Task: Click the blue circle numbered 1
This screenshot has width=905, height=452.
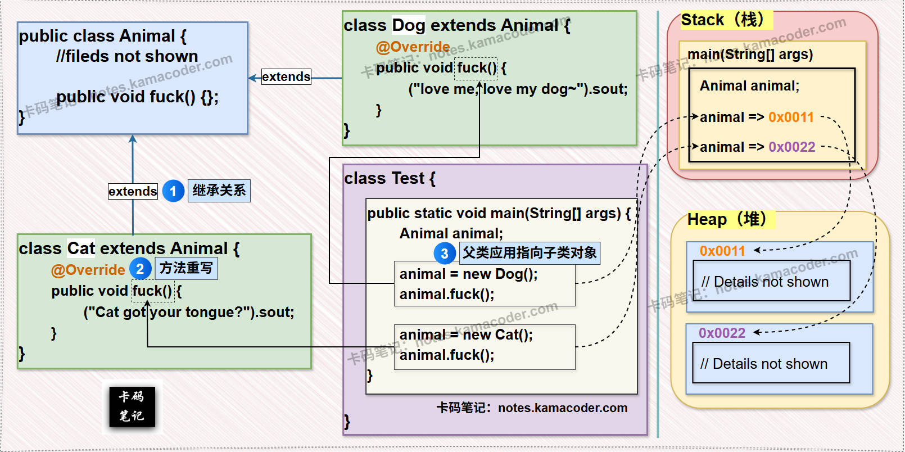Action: click(x=173, y=191)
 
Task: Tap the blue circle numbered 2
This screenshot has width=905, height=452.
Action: click(x=140, y=269)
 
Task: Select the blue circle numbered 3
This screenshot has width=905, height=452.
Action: click(x=444, y=253)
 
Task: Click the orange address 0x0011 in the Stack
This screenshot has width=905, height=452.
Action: click(x=791, y=117)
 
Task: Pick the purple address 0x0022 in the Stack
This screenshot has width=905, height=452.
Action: click(x=791, y=147)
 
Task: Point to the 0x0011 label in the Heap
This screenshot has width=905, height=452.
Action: click(x=722, y=251)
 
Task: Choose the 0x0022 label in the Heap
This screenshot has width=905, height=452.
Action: click(x=722, y=333)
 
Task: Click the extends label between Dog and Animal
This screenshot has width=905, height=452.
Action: click(x=286, y=76)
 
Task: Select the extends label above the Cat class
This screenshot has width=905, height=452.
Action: click(x=133, y=191)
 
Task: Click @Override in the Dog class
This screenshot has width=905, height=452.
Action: click(x=413, y=47)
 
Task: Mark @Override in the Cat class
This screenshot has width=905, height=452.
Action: click(x=88, y=270)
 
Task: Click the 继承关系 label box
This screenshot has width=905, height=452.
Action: click(x=219, y=191)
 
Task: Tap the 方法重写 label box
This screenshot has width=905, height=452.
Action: click(x=186, y=268)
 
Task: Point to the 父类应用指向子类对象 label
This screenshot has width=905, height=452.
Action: click(x=530, y=252)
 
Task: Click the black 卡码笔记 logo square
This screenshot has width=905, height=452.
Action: click(x=132, y=406)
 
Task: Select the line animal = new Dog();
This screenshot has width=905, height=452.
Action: click(x=468, y=274)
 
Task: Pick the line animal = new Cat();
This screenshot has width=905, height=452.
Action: click(x=466, y=335)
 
